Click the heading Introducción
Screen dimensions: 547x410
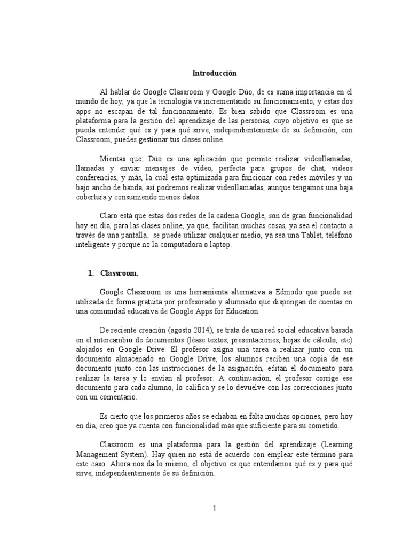click(214, 73)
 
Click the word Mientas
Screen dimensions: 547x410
click(114, 160)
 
